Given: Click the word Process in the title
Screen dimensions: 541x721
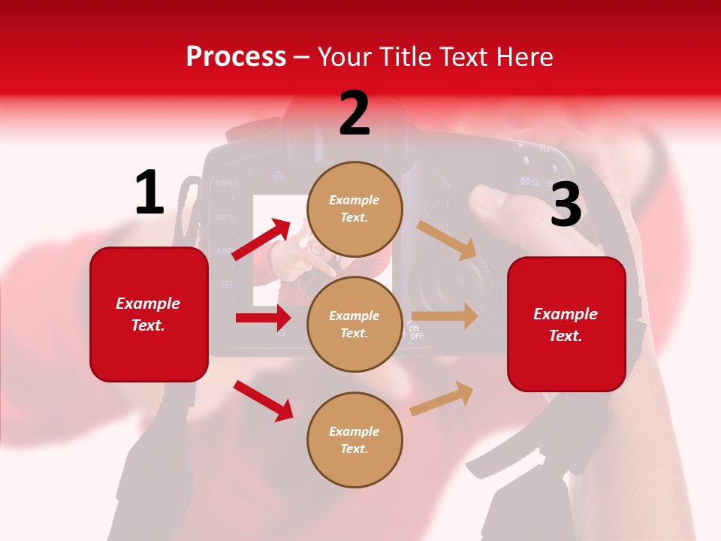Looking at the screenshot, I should (236, 57).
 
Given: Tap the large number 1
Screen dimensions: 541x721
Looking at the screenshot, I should (149, 193).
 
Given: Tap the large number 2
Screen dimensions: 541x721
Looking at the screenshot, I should (354, 113).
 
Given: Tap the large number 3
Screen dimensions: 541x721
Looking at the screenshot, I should (566, 204).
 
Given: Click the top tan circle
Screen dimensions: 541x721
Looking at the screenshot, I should (354, 208).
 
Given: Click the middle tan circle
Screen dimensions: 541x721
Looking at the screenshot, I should (354, 324).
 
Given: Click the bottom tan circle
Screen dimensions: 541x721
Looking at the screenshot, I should (354, 440).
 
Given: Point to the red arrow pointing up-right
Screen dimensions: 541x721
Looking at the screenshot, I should (261, 240).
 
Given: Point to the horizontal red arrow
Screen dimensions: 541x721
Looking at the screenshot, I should (263, 318).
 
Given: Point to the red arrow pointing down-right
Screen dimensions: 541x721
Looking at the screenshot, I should (264, 401).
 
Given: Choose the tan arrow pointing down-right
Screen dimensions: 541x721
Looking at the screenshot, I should (447, 240).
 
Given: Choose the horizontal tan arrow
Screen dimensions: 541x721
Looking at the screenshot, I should (445, 316).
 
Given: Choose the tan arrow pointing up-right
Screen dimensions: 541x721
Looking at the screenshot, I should (442, 399).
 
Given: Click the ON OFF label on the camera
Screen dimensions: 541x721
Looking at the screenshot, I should (416, 332).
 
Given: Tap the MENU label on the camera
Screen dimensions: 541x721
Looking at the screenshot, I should (226, 183).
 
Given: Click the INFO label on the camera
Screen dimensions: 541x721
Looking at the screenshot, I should (225, 217).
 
